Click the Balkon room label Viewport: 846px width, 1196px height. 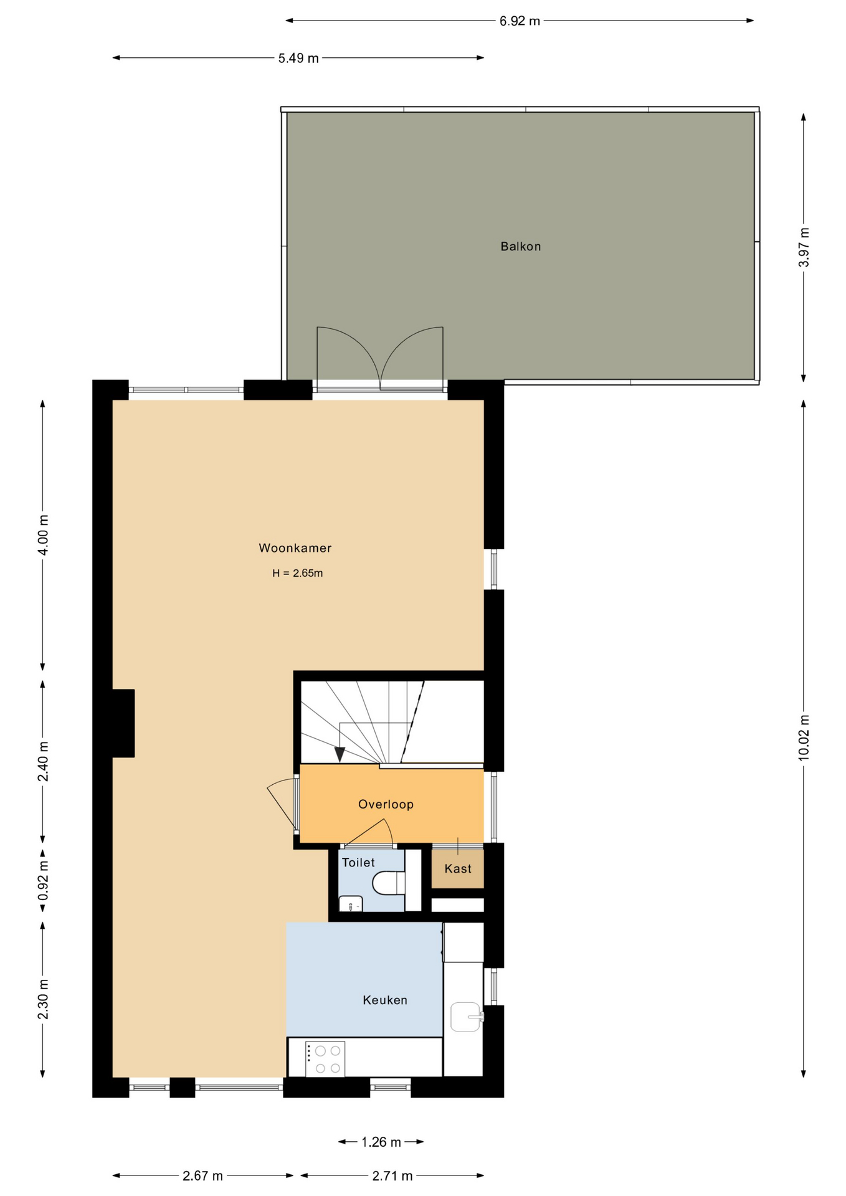pos(520,247)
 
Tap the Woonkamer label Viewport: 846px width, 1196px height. pos(295,548)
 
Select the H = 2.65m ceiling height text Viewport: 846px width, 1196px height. pos(298,573)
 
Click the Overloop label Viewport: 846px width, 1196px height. pos(386,804)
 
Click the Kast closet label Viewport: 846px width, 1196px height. pos(458,869)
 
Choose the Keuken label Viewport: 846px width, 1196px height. pos(385,1000)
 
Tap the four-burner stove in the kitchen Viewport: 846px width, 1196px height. pos(325,1058)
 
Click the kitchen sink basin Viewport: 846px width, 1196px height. pos(466,1017)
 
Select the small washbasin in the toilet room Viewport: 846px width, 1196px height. pos(351,904)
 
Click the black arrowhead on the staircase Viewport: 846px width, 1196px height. pos(340,754)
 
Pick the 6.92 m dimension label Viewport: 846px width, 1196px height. pos(520,21)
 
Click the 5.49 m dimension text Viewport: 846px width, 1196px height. pos(298,59)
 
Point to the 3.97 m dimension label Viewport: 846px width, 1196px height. pos(804,247)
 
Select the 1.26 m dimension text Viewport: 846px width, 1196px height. pos(381,1142)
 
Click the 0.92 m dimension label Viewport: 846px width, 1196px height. pos(43,880)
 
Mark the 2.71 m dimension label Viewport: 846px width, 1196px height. pos(392,1176)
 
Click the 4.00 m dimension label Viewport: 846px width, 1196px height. pos(43,535)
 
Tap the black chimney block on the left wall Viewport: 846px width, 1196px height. pos(123,723)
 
